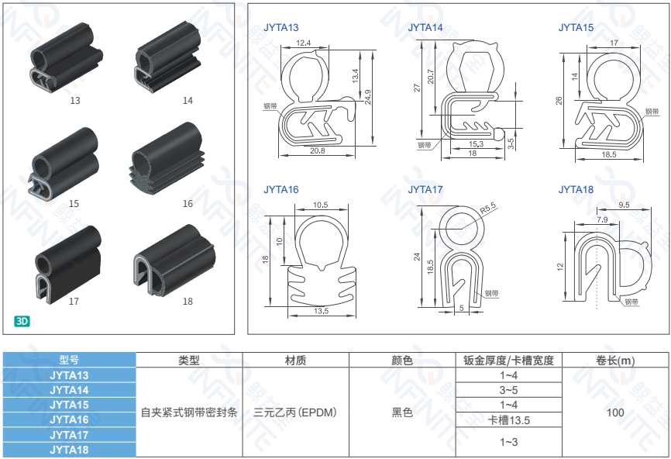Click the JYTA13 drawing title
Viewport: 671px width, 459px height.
(x=281, y=28)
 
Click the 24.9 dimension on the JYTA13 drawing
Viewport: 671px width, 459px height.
(x=367, y=95)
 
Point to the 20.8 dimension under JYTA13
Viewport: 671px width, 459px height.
(x=317, y=151)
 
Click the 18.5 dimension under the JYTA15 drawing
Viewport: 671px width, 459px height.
(x=609, y=154)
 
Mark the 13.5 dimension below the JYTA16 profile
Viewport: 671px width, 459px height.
(x=321, y=311)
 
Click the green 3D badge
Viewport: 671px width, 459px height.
(x=22, y=320)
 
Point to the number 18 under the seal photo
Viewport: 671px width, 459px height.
(x=188, y=302)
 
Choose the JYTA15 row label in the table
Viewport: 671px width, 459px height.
(x=69, y=405)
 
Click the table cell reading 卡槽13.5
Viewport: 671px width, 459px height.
(x=508, y=419)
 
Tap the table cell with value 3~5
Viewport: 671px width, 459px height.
(x=508, y=390)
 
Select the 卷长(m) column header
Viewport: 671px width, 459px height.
(x=615, y=360)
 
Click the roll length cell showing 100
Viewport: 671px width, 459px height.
(x=615, y=412)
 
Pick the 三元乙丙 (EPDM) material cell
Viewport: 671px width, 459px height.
(x=295, y=412)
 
